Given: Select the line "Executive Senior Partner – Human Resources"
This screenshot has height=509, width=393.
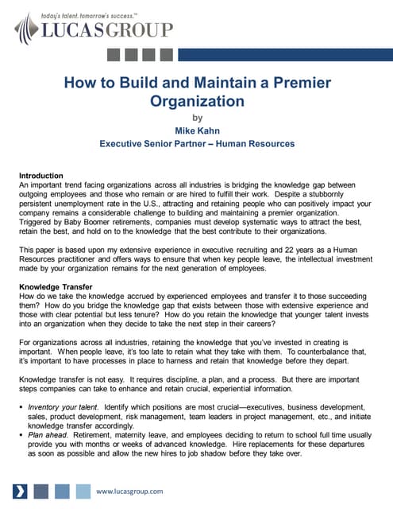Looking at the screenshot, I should pos(197,144).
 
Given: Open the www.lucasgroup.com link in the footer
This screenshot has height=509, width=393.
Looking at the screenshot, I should pos(129,491).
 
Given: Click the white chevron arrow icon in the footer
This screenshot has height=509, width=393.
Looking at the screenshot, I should pos(22,490).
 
